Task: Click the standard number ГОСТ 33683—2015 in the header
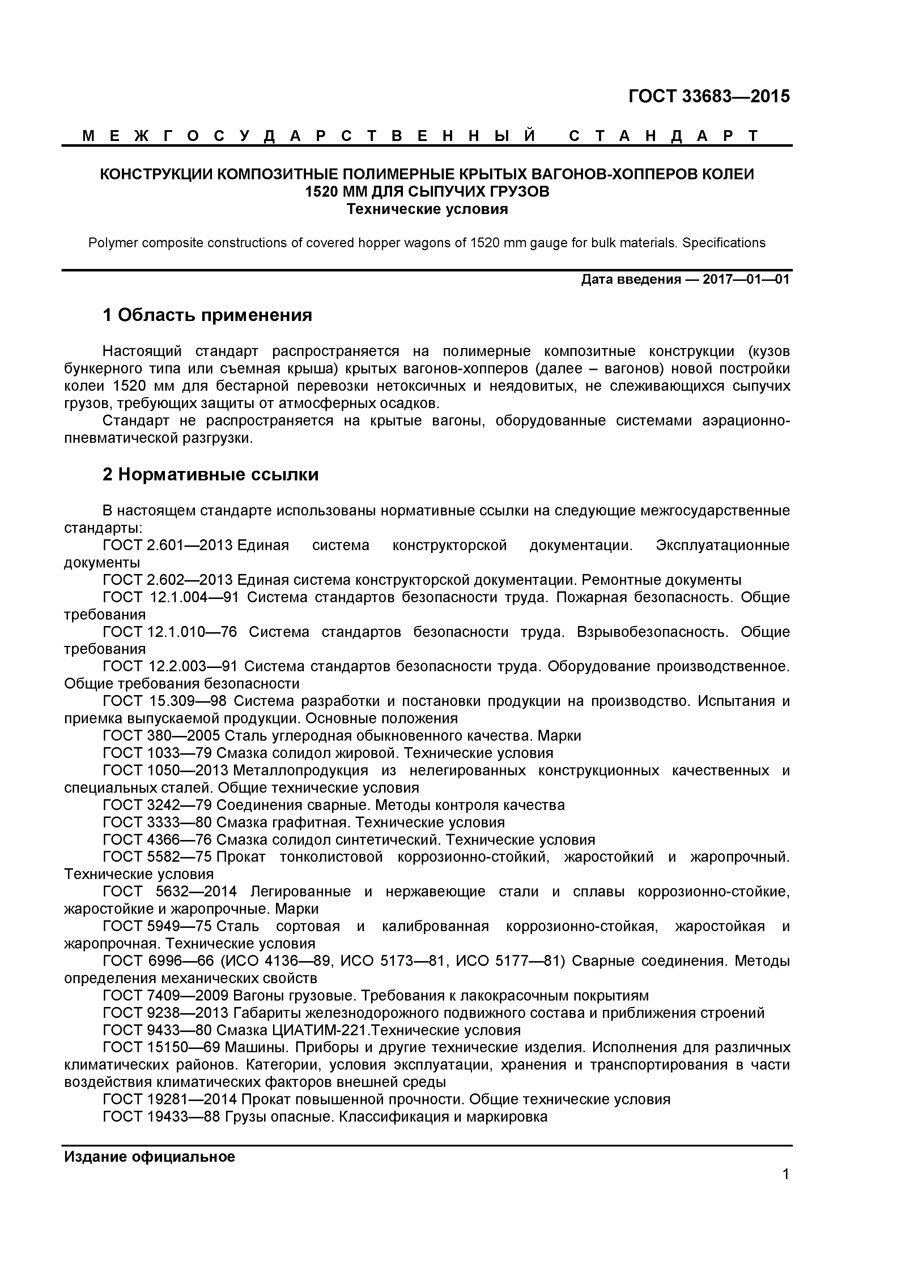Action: [x=709, y=97]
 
